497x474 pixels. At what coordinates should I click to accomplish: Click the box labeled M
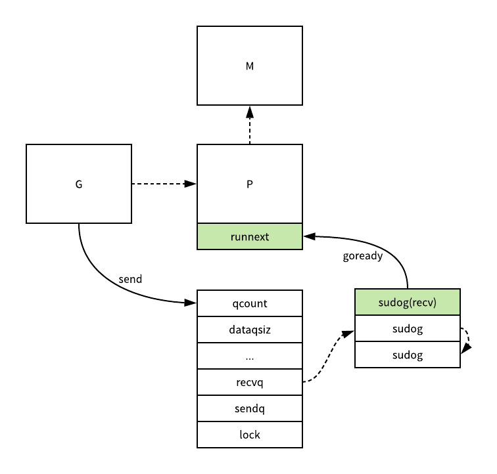point(250,66)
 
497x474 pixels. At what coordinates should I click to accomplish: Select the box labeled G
point(79,184)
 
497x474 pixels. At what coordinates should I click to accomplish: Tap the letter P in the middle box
point(250,184)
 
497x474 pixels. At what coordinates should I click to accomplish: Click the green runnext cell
point(250,236)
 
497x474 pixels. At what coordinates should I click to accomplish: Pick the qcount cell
point(250,303)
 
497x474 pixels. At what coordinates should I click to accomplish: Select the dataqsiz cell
point(250,330)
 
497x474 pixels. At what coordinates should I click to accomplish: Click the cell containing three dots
point(250,356)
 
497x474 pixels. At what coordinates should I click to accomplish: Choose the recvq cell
point(250,382)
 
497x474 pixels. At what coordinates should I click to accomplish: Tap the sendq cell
point(250,408)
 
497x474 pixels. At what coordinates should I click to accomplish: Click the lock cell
point(250,435)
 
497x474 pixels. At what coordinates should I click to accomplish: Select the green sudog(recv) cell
point(408,302)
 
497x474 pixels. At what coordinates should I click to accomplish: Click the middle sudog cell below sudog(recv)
point(408,328)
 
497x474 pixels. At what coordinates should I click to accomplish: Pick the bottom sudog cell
point(408,355)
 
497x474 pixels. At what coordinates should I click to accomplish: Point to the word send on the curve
point(130,279)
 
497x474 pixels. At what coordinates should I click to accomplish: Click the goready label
point(363,256)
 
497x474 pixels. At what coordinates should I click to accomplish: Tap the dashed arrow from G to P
point(164,184)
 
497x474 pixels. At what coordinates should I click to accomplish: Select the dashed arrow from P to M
point(250,125)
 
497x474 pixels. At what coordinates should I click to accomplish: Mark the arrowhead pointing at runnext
point(310,236)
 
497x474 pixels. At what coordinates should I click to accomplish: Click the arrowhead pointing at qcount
point(190,303)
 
